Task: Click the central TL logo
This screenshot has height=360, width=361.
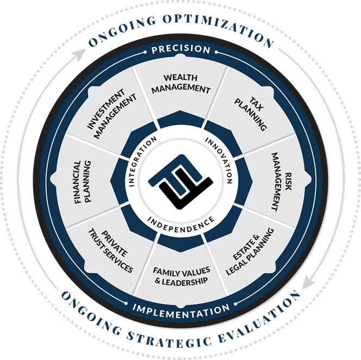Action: click(x=180, y=181)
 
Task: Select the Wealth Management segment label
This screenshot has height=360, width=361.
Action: click(x=181, y=84)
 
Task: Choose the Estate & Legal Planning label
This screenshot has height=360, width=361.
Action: click(x=250, y=251)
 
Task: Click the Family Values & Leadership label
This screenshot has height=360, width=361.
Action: click(x=182, y=276)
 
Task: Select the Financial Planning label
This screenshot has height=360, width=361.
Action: click(x=83, y=182)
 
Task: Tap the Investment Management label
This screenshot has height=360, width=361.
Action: click(x=111, y=113)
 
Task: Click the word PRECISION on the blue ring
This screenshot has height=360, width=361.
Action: click(x=181, y=49)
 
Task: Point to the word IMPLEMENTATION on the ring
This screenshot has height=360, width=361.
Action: click(x=181, y=311)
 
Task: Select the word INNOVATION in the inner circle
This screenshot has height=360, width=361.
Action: click(x=220, y=159)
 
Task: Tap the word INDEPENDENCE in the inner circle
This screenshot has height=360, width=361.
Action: click(x=181, y=225)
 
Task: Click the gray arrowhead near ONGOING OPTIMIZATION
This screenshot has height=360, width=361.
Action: click(x=79, y=54)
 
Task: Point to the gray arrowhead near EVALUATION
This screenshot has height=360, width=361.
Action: click(x=308, y=282)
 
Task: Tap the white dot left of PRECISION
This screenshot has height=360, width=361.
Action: click(x=145, y=52)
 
